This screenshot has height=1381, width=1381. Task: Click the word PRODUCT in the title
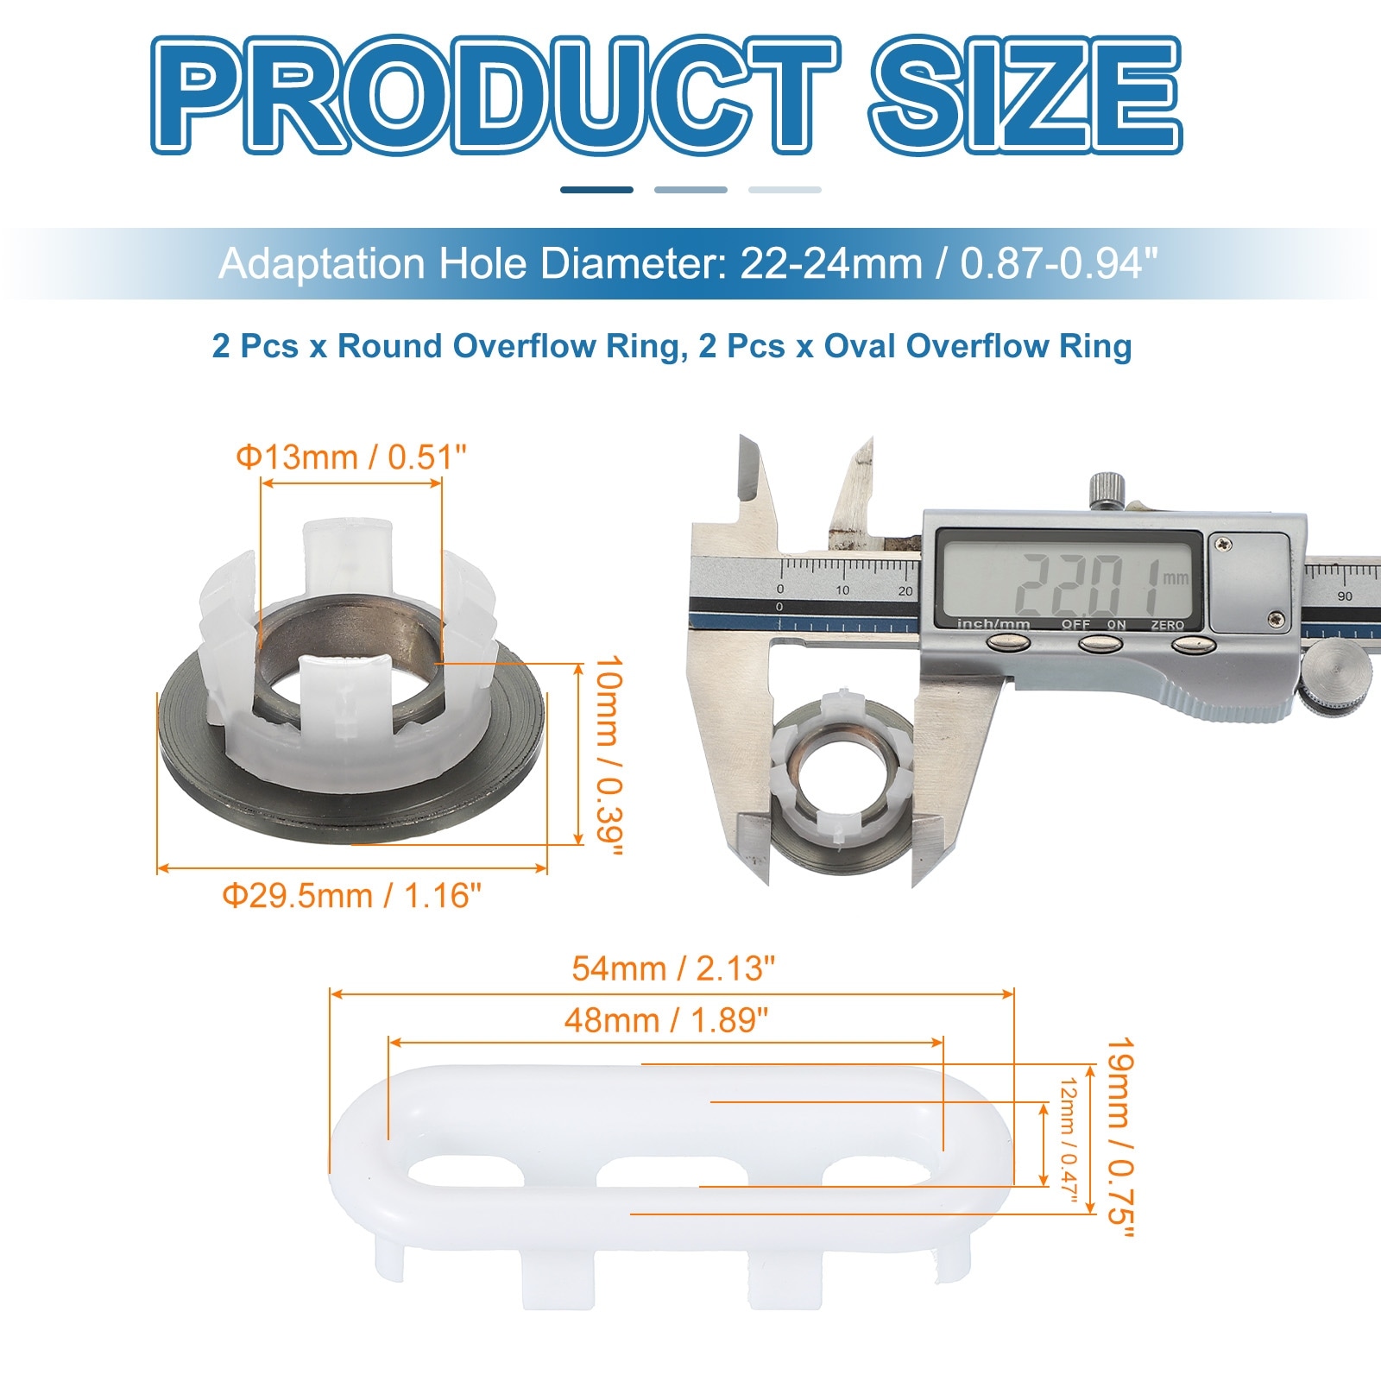click(x=495, y=95)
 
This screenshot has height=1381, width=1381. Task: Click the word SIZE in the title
click(x=1025, y=95)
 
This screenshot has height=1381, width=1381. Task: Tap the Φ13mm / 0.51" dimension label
click(x=351, y=457)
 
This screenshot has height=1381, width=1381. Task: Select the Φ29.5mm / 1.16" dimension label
click(x=352, y=896)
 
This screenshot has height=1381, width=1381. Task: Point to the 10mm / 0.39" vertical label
click(x=609, y=756)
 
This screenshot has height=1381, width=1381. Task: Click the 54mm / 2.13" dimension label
click(x=673, y=968)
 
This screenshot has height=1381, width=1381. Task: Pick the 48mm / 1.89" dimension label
click(x=666, y=1020)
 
